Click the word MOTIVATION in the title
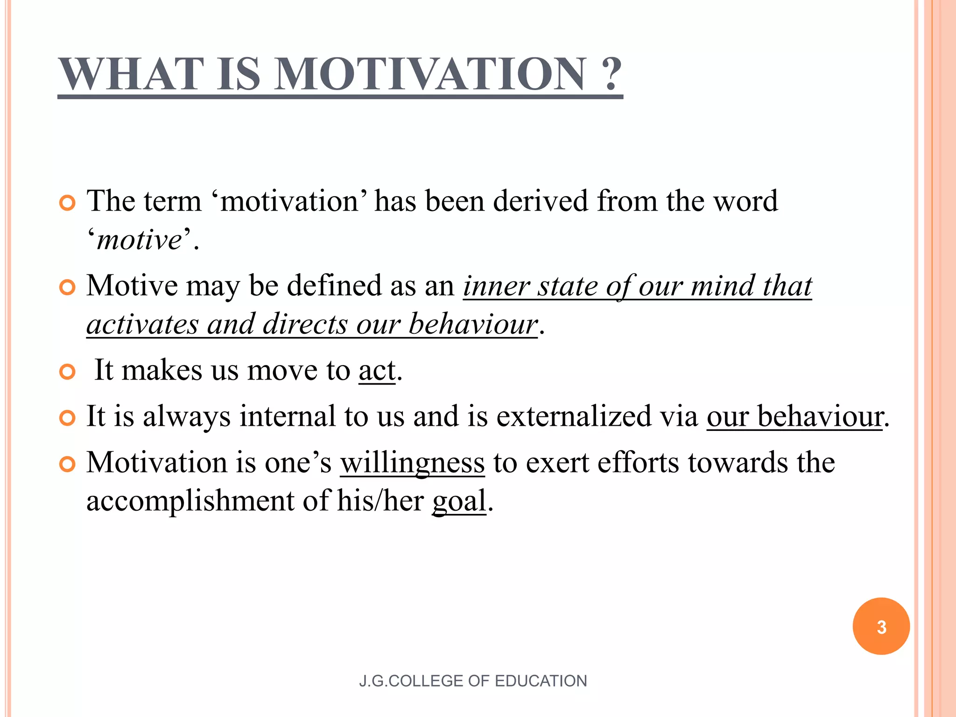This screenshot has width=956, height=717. (x=429, y=74)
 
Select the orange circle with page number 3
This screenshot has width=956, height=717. (x=881, y=626)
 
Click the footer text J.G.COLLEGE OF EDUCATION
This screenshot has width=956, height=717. (x=473, y=681)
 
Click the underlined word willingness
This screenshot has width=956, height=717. (x=412, y=463)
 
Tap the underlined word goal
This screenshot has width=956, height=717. (x=459, y=501)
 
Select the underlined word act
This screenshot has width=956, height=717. (x=377, y=371)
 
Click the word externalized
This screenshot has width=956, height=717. (x=572, y=416)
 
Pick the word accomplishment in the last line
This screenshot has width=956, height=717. (x=190, y=501)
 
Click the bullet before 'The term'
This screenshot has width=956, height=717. (x=68, y=204)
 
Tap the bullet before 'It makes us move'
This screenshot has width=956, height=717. (x=68, y=372)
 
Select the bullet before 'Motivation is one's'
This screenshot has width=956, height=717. (x=68, y=464)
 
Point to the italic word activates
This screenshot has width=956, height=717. (x=142, y=324)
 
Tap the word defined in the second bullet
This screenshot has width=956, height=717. (x=334, y=286)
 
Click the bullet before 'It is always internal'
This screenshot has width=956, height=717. (x=68, y=418)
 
